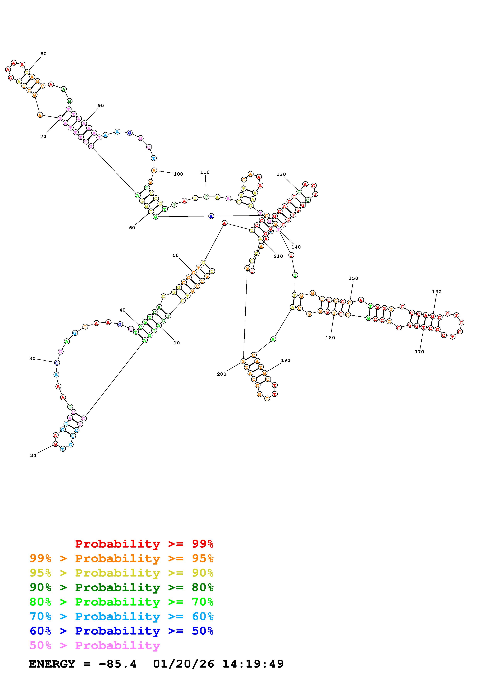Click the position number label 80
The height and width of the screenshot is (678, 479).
click(43, 54)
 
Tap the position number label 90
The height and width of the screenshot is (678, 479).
click(101, 105)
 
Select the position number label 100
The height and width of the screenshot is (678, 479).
click(178, 174)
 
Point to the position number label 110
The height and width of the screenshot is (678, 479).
click(205, 172)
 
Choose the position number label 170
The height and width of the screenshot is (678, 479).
click(419, 352)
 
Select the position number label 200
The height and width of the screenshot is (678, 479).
click(222, 374)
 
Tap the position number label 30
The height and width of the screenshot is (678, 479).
click(32, 359)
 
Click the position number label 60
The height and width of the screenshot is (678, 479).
click(132, 228)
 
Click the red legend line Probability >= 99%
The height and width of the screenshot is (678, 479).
click(144, 544)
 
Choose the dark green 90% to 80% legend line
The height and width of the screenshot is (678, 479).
click(122, 587)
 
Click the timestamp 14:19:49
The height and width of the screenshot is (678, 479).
click(253, 664)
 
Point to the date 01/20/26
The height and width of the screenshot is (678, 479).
click(184, 664)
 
